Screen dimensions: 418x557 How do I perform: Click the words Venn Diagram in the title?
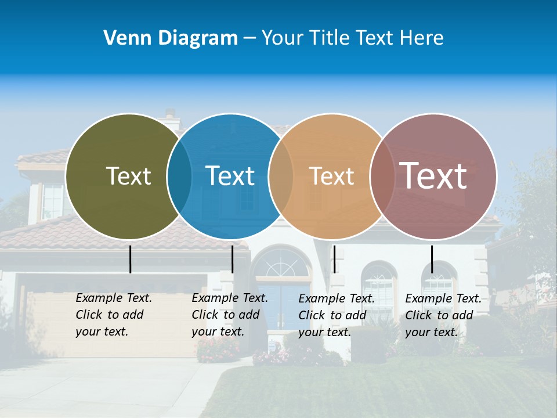click(171, 38)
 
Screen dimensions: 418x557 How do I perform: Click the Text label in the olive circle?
click(128, 176)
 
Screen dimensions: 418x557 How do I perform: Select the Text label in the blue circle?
click(230, 176)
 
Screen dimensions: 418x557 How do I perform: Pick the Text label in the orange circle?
click(331, 176)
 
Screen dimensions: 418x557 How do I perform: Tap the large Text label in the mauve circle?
click(433, 175)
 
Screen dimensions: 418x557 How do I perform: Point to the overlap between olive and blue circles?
click(179, 176)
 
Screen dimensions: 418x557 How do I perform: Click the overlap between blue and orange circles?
click(281, 176)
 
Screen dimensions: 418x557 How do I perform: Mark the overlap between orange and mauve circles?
click(382, 176)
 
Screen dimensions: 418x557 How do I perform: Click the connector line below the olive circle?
click(131, 259)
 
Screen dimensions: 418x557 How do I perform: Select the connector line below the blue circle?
click(232, 259)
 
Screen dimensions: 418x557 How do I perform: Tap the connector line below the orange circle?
click(334, 259)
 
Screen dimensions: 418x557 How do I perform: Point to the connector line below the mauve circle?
click(432, 259)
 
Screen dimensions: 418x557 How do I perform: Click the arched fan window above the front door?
click(281, 264)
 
